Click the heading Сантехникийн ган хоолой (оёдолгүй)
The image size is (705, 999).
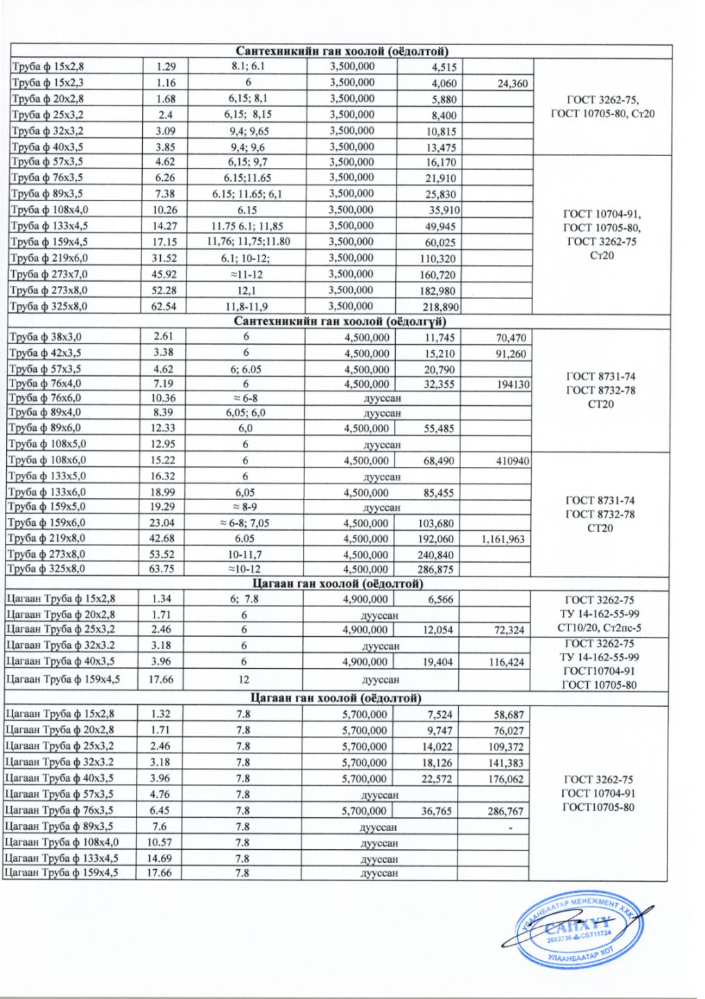pyautogui.click(x=340, y=322)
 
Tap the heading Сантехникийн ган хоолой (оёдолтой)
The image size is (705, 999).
pyautogui.click(x=340, y=51)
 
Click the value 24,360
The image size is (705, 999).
pyautogui.click(x=512, y=84)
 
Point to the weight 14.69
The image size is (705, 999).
pyautogui.click(x=162, y=859)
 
